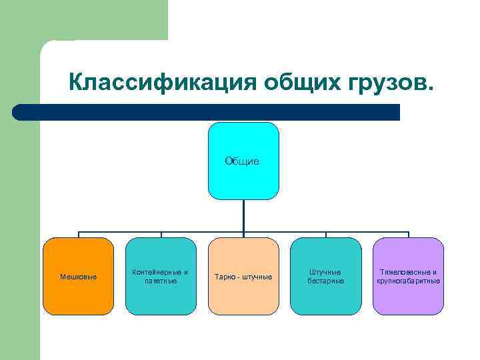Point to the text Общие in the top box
[243, 161]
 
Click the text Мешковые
[78, 277]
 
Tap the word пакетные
[161, 281]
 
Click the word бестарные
[325, 281]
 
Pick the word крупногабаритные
[408, 281]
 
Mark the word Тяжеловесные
[404, 272]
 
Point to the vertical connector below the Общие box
[243, 216]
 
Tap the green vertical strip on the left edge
[19, 233]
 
